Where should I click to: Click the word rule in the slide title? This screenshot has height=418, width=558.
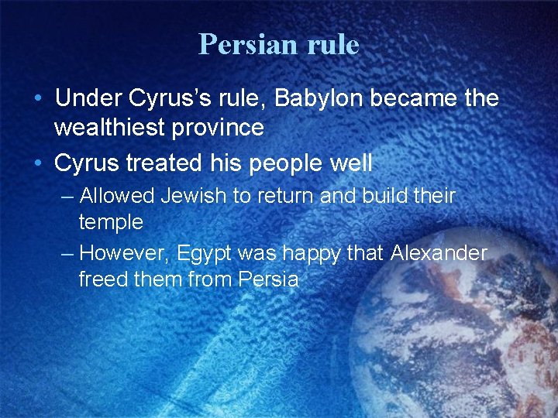click(332, 44)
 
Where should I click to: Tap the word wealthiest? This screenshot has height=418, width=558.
click(115, 128)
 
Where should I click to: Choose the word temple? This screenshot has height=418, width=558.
click(111, 223)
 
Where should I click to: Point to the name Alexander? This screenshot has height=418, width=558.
click(439, 253)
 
